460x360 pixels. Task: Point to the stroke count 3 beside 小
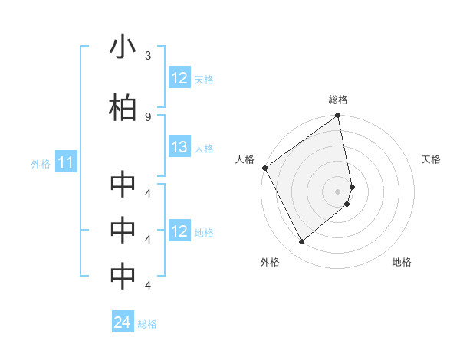click(148, 56)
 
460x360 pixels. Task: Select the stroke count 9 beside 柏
click(148, 116)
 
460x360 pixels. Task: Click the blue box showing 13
click(179, 148)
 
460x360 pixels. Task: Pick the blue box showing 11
click(66, 162)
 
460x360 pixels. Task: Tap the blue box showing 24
click(123, 323)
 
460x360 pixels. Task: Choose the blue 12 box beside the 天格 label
click(179, 79)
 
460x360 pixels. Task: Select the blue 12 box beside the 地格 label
click(179, 231)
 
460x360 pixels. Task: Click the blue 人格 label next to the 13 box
click(204, 149)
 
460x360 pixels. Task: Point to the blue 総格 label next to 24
click(147, 324)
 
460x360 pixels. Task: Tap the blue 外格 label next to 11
click(40, 163)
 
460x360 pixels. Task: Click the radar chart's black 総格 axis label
click(338, 100)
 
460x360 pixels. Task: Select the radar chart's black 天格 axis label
click(432, 159)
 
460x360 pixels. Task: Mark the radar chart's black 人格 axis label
click(245, 159)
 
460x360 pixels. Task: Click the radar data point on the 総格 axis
click(338, 116)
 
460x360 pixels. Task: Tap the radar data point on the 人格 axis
click(264, 168)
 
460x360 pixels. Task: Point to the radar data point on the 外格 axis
click(301, 242)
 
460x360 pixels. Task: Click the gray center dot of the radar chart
click(338, 191)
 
